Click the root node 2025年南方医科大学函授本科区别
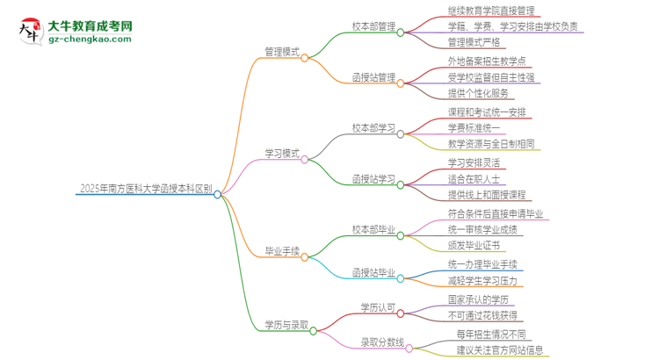pyautogui.click(x=145, y=187)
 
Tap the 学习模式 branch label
pyautogui.click(x=282, y=154)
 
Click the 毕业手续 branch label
pyautogui.click(x=282, y=250)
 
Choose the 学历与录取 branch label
pyautogui.click(x=286, y=325)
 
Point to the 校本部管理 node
pyautogui.click(x=373, y=26)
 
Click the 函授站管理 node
pyautogui.click(x=373, y=77)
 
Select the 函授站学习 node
pyautogui.click(x=373, y=178)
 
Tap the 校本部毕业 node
pyautogui.click(x=373, y=229)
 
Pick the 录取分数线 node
pyautogui.click(x=382, y=342)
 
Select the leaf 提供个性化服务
pyautogui.click(x=478, y=92)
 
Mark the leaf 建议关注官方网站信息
pyautogui.click(x=500, y=350)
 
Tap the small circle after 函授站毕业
pyautogui.click(x=400, y=278)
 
